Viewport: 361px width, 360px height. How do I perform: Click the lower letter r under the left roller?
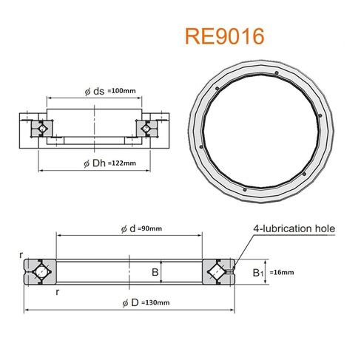[x=58, y=292]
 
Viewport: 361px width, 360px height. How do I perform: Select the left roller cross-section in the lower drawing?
[x=40, y=272]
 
